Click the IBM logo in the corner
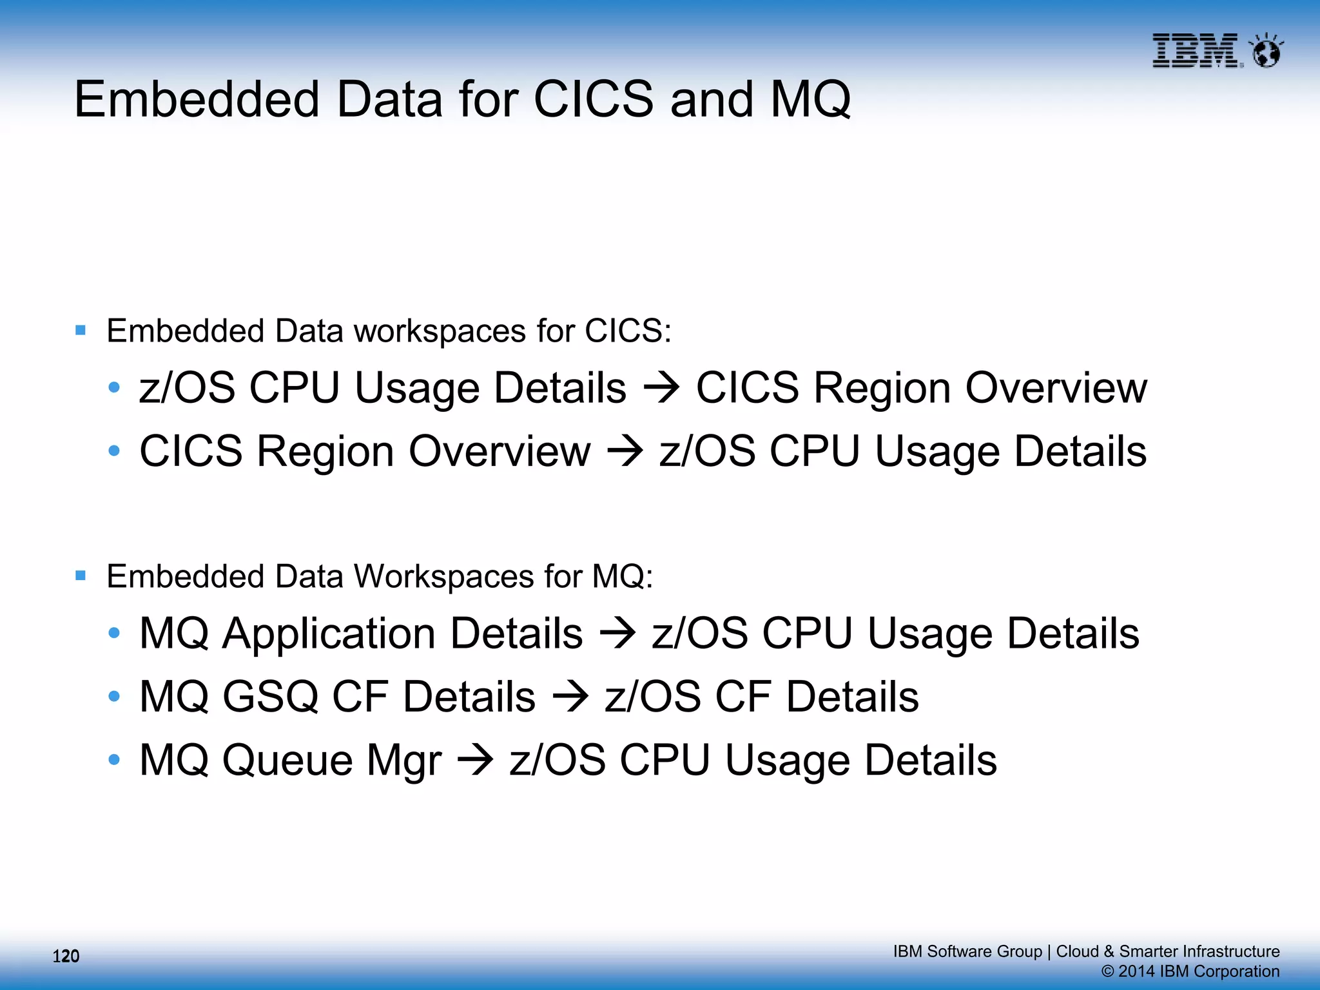coord(1196,50)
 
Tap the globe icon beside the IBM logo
coord(1267,51)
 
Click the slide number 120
coord(66,956)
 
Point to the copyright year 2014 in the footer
coord(1136,971)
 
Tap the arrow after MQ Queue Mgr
coord(475,761)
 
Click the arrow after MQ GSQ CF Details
coord(570,697)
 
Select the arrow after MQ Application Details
coord(617,634)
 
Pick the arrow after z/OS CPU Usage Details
coord(661,388)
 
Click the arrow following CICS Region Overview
coord(625,451)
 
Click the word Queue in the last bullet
coord(287,761)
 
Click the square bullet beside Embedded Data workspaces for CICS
coord(81,331)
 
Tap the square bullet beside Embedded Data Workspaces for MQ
coord(81,576)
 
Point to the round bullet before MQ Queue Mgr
coord(115,760)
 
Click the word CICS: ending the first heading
coord(628,331)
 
